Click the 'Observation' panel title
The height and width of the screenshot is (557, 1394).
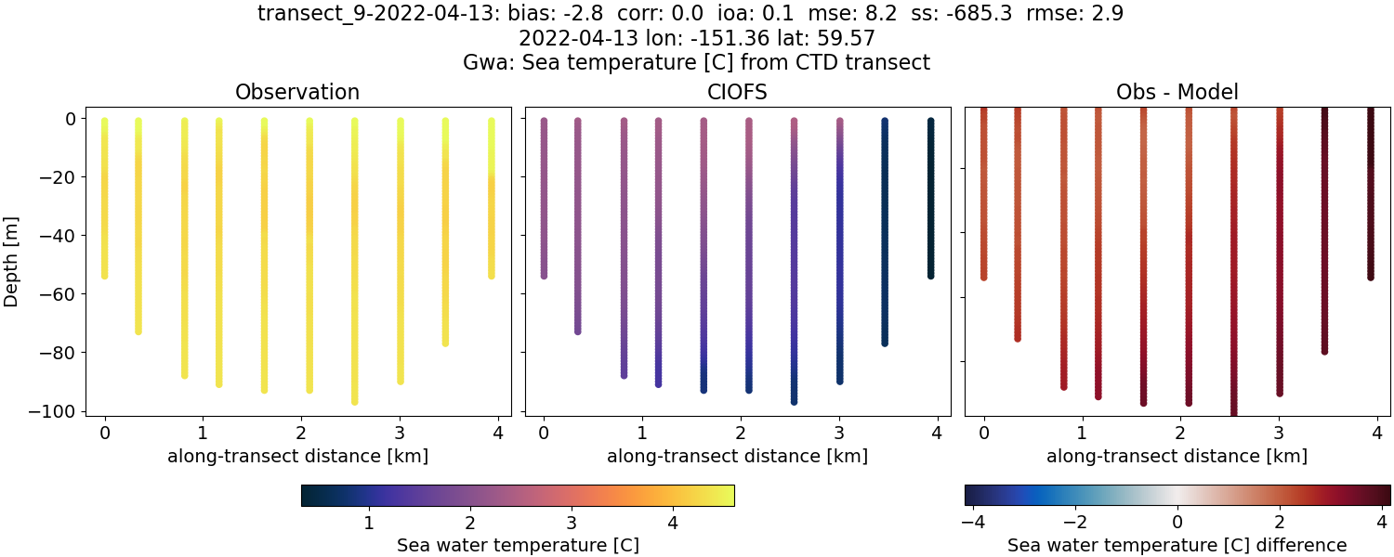(x=297, y=92)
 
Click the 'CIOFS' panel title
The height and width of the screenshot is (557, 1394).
(x=738, y=92)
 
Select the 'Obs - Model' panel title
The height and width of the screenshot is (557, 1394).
(x=1177, y=92)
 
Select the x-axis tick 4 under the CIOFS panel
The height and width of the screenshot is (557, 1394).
(x=937, y=432)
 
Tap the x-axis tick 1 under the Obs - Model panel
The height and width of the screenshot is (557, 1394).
(x=1082, y=432)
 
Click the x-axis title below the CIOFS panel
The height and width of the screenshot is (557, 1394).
(x=738, y=456)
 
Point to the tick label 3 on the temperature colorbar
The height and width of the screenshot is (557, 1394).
(x=572, y=522)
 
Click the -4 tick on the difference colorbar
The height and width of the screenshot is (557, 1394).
(x=972, y=522)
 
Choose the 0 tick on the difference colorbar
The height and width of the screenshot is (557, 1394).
(x=1177, y=522)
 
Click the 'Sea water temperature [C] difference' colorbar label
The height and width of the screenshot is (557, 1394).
(x=1177, y=545)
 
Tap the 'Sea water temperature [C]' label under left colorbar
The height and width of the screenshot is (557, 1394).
(x=518, y=545)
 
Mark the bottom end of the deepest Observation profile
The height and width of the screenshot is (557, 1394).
(x=354, y=401)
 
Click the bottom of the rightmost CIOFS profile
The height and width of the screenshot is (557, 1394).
(x=930, y=275)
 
